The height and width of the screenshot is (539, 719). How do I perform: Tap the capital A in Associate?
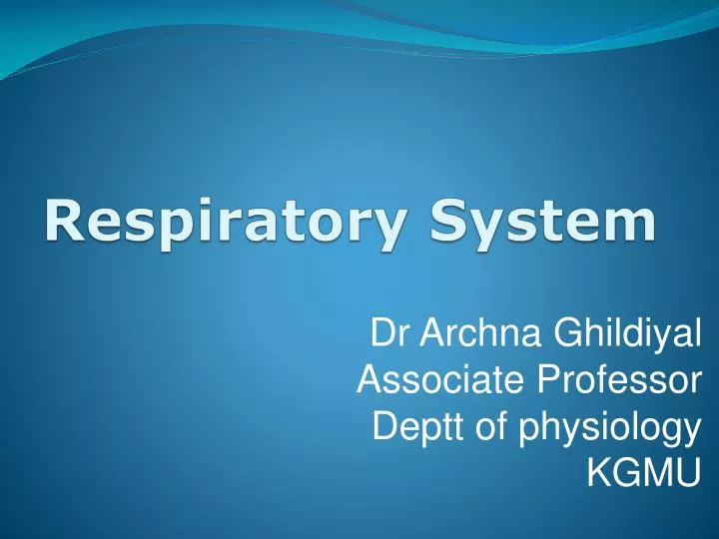click(x=369, y=380)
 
